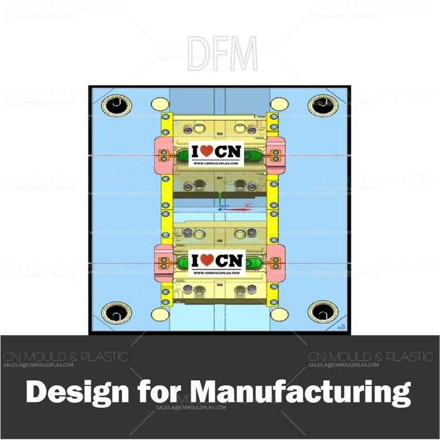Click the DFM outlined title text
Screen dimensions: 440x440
[x=222, y=54]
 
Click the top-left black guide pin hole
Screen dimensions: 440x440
[x=115, y=106]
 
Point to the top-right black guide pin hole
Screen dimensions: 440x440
[x=323, y=106]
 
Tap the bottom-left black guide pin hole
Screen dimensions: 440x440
[x=115, y=312]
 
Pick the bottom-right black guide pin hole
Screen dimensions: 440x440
[x=323, y=312]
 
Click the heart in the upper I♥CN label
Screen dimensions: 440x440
[x=207, y=151]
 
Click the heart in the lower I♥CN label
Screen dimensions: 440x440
[x=207, y=260]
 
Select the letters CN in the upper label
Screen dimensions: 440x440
[x=228, y=151]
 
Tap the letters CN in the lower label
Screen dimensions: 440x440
[x=228, y=260]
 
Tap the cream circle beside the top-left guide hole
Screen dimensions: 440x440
[x=160, y=104]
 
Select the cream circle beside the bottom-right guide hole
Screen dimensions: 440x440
[x=279, y=314]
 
